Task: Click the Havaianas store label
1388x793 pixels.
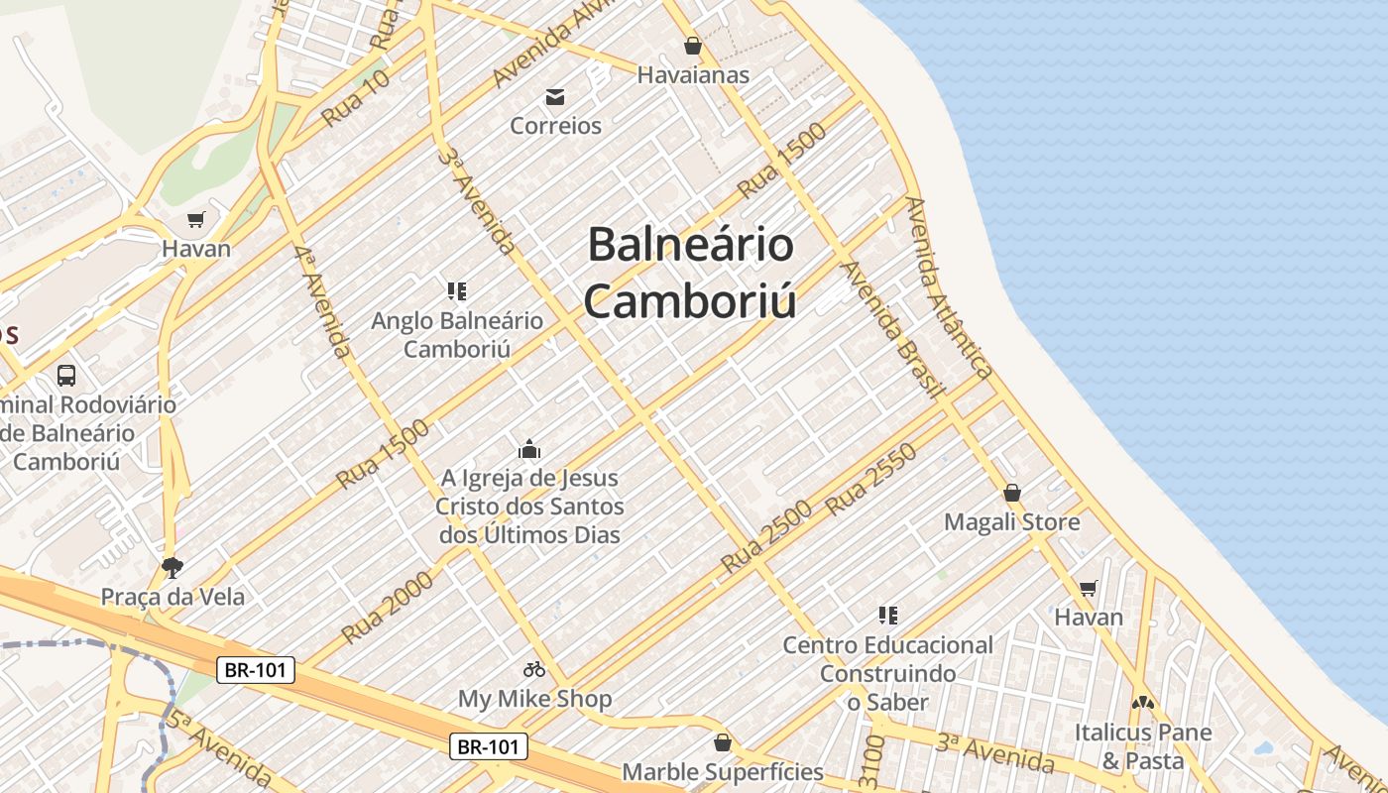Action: [x=692, y=74]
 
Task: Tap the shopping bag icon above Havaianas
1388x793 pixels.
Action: [x=692, y=46]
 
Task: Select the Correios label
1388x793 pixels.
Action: [x=555, y=126]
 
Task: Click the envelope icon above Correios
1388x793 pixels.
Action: [x=555, y=97]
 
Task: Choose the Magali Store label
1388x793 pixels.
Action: [x=1011, y=521]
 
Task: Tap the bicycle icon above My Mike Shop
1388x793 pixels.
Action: [x=534, y=670]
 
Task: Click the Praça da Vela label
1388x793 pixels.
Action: [x=173, y=597]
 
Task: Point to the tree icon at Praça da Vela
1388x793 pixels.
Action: [x=173, y=567]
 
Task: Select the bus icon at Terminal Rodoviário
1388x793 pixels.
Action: [x=66, y=376]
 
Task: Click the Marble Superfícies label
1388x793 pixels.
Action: [x=722, y=771]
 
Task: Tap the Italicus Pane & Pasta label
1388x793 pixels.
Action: [x=1143, y=746]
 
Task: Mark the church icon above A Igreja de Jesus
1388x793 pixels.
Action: [x=529, y=449]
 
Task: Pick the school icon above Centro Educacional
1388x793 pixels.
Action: [x=888, y=616]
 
